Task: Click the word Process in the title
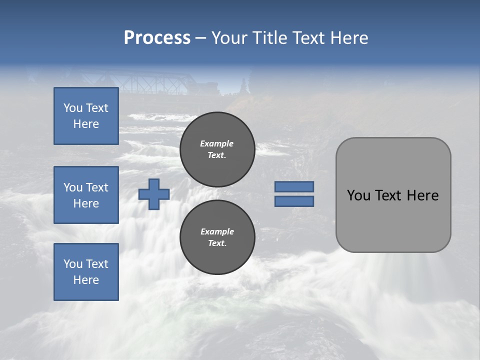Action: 157,38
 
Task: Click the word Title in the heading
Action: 270,38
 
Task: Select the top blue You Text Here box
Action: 86,116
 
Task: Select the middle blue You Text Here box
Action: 86,195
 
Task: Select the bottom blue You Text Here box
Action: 86,271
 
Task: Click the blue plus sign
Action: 154,194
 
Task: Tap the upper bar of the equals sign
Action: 294,186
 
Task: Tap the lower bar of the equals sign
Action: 294,201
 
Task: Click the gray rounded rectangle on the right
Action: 393,220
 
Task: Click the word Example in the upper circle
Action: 216,143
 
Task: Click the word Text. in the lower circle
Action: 217,243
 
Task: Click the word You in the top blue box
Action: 73,108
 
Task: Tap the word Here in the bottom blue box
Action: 86,280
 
